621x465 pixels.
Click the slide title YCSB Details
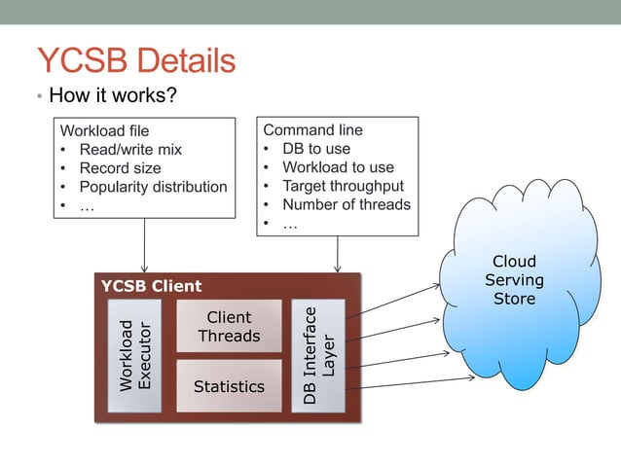pos(135,60)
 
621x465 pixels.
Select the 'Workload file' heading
pos(105,130)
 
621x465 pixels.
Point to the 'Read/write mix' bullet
pos(130,149)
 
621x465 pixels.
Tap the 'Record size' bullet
pos(120,167)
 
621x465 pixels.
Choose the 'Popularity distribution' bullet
pos(153,186)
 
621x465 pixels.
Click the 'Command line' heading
pos(312,129)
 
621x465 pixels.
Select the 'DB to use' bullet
pos(316,148)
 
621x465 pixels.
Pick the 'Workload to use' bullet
pos(338,167)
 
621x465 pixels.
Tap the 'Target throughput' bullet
pos(343,186)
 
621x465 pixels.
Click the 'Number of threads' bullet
pos(347,204)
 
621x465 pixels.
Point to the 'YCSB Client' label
pos(151,286)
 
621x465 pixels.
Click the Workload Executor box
pos(134,355)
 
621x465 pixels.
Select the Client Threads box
pos(229,327)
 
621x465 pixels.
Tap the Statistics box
pos(229,386)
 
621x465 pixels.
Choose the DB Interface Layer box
pos(318,355)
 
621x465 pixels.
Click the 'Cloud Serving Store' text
pos(514,280)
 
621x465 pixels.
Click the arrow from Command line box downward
pos(338,253)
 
